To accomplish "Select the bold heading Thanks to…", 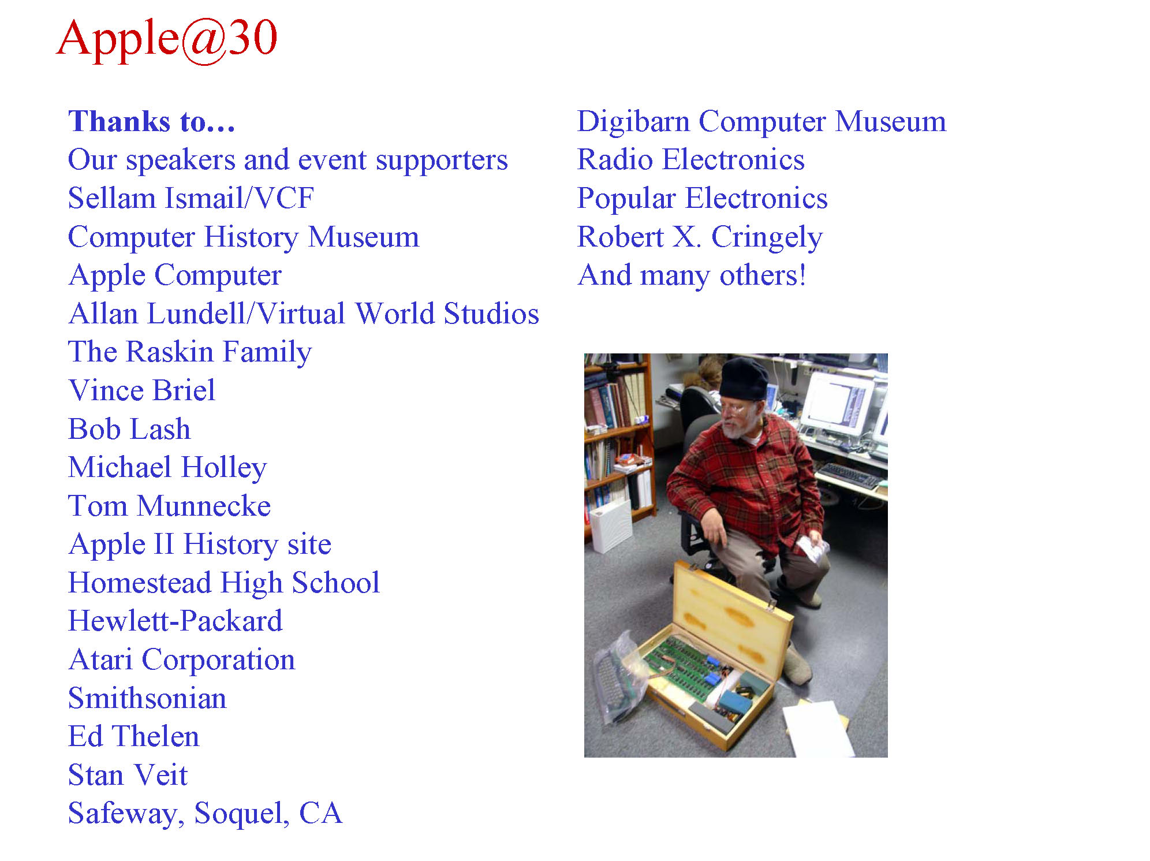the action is pyautogui.click(x=152, y=122).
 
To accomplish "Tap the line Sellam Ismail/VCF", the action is pyautogui.click(x=191, y=198).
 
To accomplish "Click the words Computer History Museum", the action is pyautogui.click(x=244, y=237).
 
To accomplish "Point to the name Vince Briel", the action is pyautogui.click(x=142, y=390).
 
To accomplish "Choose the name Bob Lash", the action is pyautogui.click(x=129, y=429).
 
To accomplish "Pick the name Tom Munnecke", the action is pyautogui.click(x=170, y=506).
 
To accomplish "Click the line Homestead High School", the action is pyautogui.click(x=224, y=583).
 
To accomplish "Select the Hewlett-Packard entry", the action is pyautogui.click(x=176, y=621).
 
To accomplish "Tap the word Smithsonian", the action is pyautogui.click(x=147, y=698).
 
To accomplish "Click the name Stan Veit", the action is pyautogui.click(x=128, y=775).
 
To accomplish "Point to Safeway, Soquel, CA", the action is pyautogui.click(x=206, y=814).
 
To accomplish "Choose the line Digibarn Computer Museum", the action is pyautogui.click(x=762, y=122).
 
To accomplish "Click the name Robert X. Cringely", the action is pyautogui.click(x=700, y=237).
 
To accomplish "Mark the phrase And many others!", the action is pyautogui.click(x=692, y=275).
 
